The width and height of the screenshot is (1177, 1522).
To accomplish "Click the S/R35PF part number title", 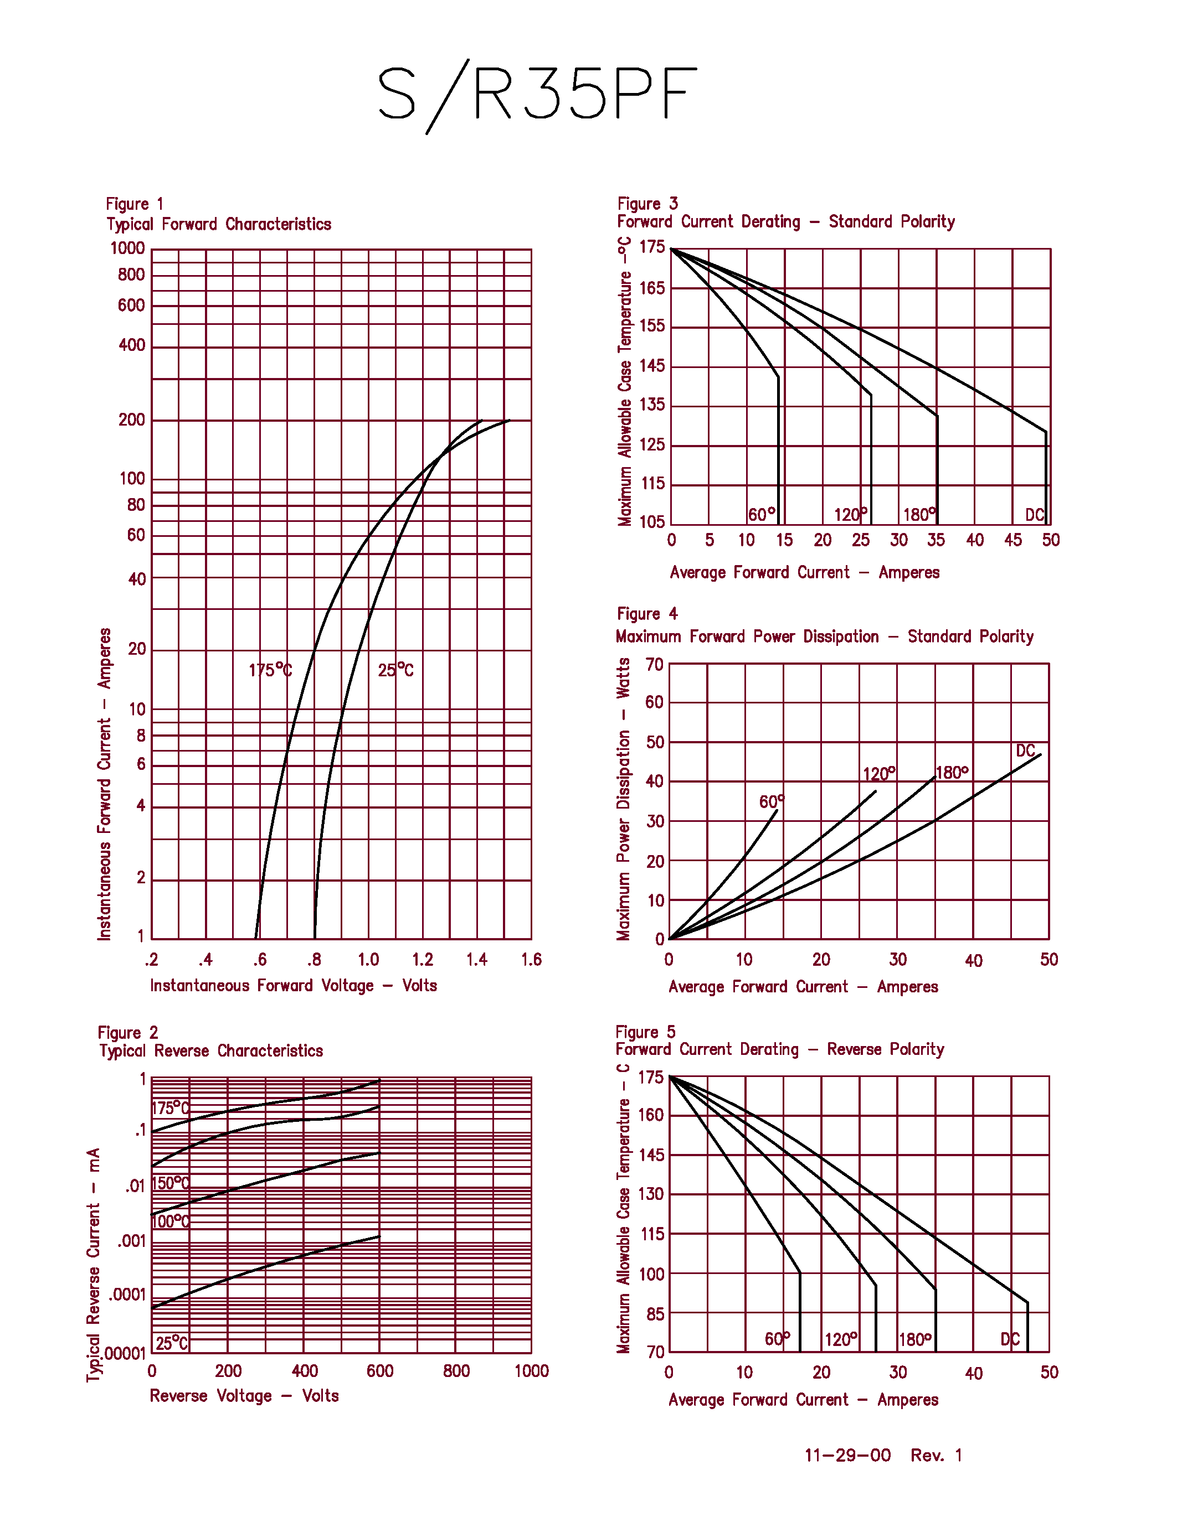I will pos(537,94).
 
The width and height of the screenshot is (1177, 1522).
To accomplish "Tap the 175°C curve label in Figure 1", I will pos(270,670).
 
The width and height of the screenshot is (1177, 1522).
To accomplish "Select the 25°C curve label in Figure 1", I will pos(395,670).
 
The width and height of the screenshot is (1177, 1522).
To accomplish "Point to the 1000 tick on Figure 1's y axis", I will pos(127,249).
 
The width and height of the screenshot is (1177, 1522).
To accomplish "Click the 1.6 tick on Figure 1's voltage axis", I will pos(531,960).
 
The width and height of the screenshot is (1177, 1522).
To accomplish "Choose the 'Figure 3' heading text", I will pos(647,204).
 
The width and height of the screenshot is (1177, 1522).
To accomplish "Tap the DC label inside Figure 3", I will pos(1034,515).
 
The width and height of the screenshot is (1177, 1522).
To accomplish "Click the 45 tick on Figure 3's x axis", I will pos(1012,540).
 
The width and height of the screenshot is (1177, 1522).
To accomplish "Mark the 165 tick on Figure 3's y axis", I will pos(652,288).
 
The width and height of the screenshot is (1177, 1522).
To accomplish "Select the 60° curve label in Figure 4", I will pos(771,802).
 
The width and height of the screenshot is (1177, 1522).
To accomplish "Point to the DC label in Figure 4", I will pos(1025,751).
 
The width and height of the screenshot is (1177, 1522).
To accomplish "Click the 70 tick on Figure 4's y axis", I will pos(654,665).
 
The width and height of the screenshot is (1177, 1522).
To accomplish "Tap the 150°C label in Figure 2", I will pos(170,1183).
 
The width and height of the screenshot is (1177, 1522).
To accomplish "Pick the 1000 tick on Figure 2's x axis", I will pos(531,1371).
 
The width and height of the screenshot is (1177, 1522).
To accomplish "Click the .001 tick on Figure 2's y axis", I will pos(131,1241).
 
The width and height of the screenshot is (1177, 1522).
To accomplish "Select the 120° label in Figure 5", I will pos(841,1339).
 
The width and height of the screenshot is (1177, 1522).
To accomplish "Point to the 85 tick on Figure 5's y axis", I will pos(655,1314).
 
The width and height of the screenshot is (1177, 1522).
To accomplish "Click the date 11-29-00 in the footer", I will pos(847,1455).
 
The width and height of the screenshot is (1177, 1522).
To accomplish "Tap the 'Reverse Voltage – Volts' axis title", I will pos(244,1396).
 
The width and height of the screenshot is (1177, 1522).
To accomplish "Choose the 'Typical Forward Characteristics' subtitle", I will pos(218,224).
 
